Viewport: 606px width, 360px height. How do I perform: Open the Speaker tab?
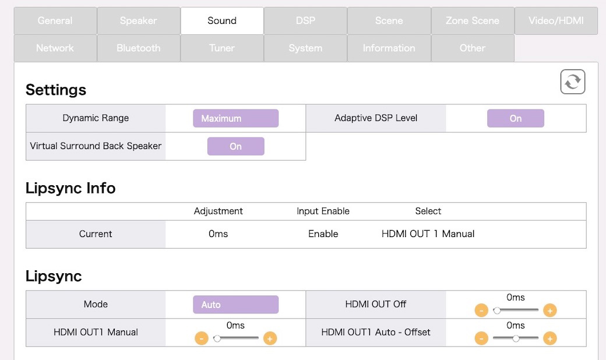pos(138,21)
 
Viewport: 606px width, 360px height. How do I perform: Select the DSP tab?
pos(305,21)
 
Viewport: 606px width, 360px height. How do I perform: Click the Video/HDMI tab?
pos(556,21)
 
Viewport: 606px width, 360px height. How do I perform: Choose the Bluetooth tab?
pos(138,48)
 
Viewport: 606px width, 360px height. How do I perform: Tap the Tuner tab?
pos(222,48)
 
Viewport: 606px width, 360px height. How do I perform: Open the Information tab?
pos(389,48)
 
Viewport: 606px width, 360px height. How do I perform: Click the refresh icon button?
pos(573,82)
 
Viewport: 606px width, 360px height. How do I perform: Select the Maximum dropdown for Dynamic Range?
pos(236,118)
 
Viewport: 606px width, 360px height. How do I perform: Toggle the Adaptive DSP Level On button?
pos(516,118)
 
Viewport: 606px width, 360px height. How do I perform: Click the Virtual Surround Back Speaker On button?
pos(236,146)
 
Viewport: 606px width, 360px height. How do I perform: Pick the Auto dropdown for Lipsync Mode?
pos(236,305)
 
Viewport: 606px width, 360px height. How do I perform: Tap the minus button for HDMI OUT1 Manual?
pos(202,338)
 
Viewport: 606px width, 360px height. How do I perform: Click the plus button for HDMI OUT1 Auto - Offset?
pos(550,338)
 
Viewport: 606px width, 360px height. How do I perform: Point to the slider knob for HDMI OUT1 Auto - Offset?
pos(516,339)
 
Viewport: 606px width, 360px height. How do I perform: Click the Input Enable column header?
pos(323,211)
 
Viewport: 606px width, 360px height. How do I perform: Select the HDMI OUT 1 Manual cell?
pos(428,234)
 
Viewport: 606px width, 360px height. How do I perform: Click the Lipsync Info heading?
pos(71,189)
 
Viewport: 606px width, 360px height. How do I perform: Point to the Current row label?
pos(96,234)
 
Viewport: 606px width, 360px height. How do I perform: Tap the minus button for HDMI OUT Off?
pos(481,310)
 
